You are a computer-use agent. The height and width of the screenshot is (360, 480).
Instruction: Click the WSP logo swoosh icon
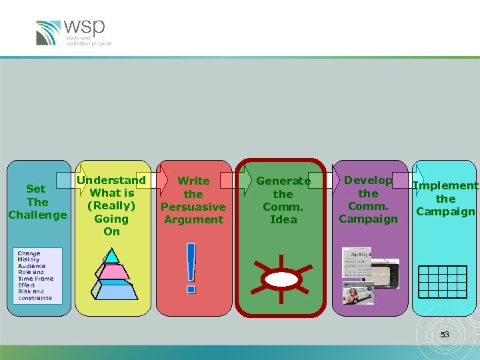(x=49, y=33)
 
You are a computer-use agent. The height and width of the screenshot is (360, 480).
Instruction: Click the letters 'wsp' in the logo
(x=85, y=27)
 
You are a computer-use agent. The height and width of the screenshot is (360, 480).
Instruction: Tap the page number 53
(x=445, y=335)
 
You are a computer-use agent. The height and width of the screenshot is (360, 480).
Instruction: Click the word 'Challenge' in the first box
(x=37, y=215)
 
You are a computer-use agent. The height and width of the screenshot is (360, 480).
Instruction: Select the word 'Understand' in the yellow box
(x=111, y=180)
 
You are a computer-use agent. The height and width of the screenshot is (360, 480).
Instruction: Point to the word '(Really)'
(x=111, y=205)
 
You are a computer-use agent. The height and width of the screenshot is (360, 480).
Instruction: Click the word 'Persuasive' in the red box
(x=193, y=207)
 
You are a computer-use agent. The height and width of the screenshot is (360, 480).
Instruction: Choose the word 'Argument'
(x=193, y=219)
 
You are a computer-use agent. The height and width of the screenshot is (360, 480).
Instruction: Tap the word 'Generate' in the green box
(x=283, y=181)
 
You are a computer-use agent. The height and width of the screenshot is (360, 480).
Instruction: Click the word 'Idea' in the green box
(x=283, y=219)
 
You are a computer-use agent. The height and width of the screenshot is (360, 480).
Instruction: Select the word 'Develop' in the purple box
(x=368, y=180)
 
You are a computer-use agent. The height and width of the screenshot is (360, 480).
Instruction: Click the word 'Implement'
(x=445, y=186)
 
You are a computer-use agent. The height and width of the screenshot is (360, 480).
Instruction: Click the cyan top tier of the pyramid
(x=112, y=256)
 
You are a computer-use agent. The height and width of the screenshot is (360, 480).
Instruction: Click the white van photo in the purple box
(x=359, y=294)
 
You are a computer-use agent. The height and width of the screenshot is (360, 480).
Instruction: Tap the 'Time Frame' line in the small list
(x=36, y=279)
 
